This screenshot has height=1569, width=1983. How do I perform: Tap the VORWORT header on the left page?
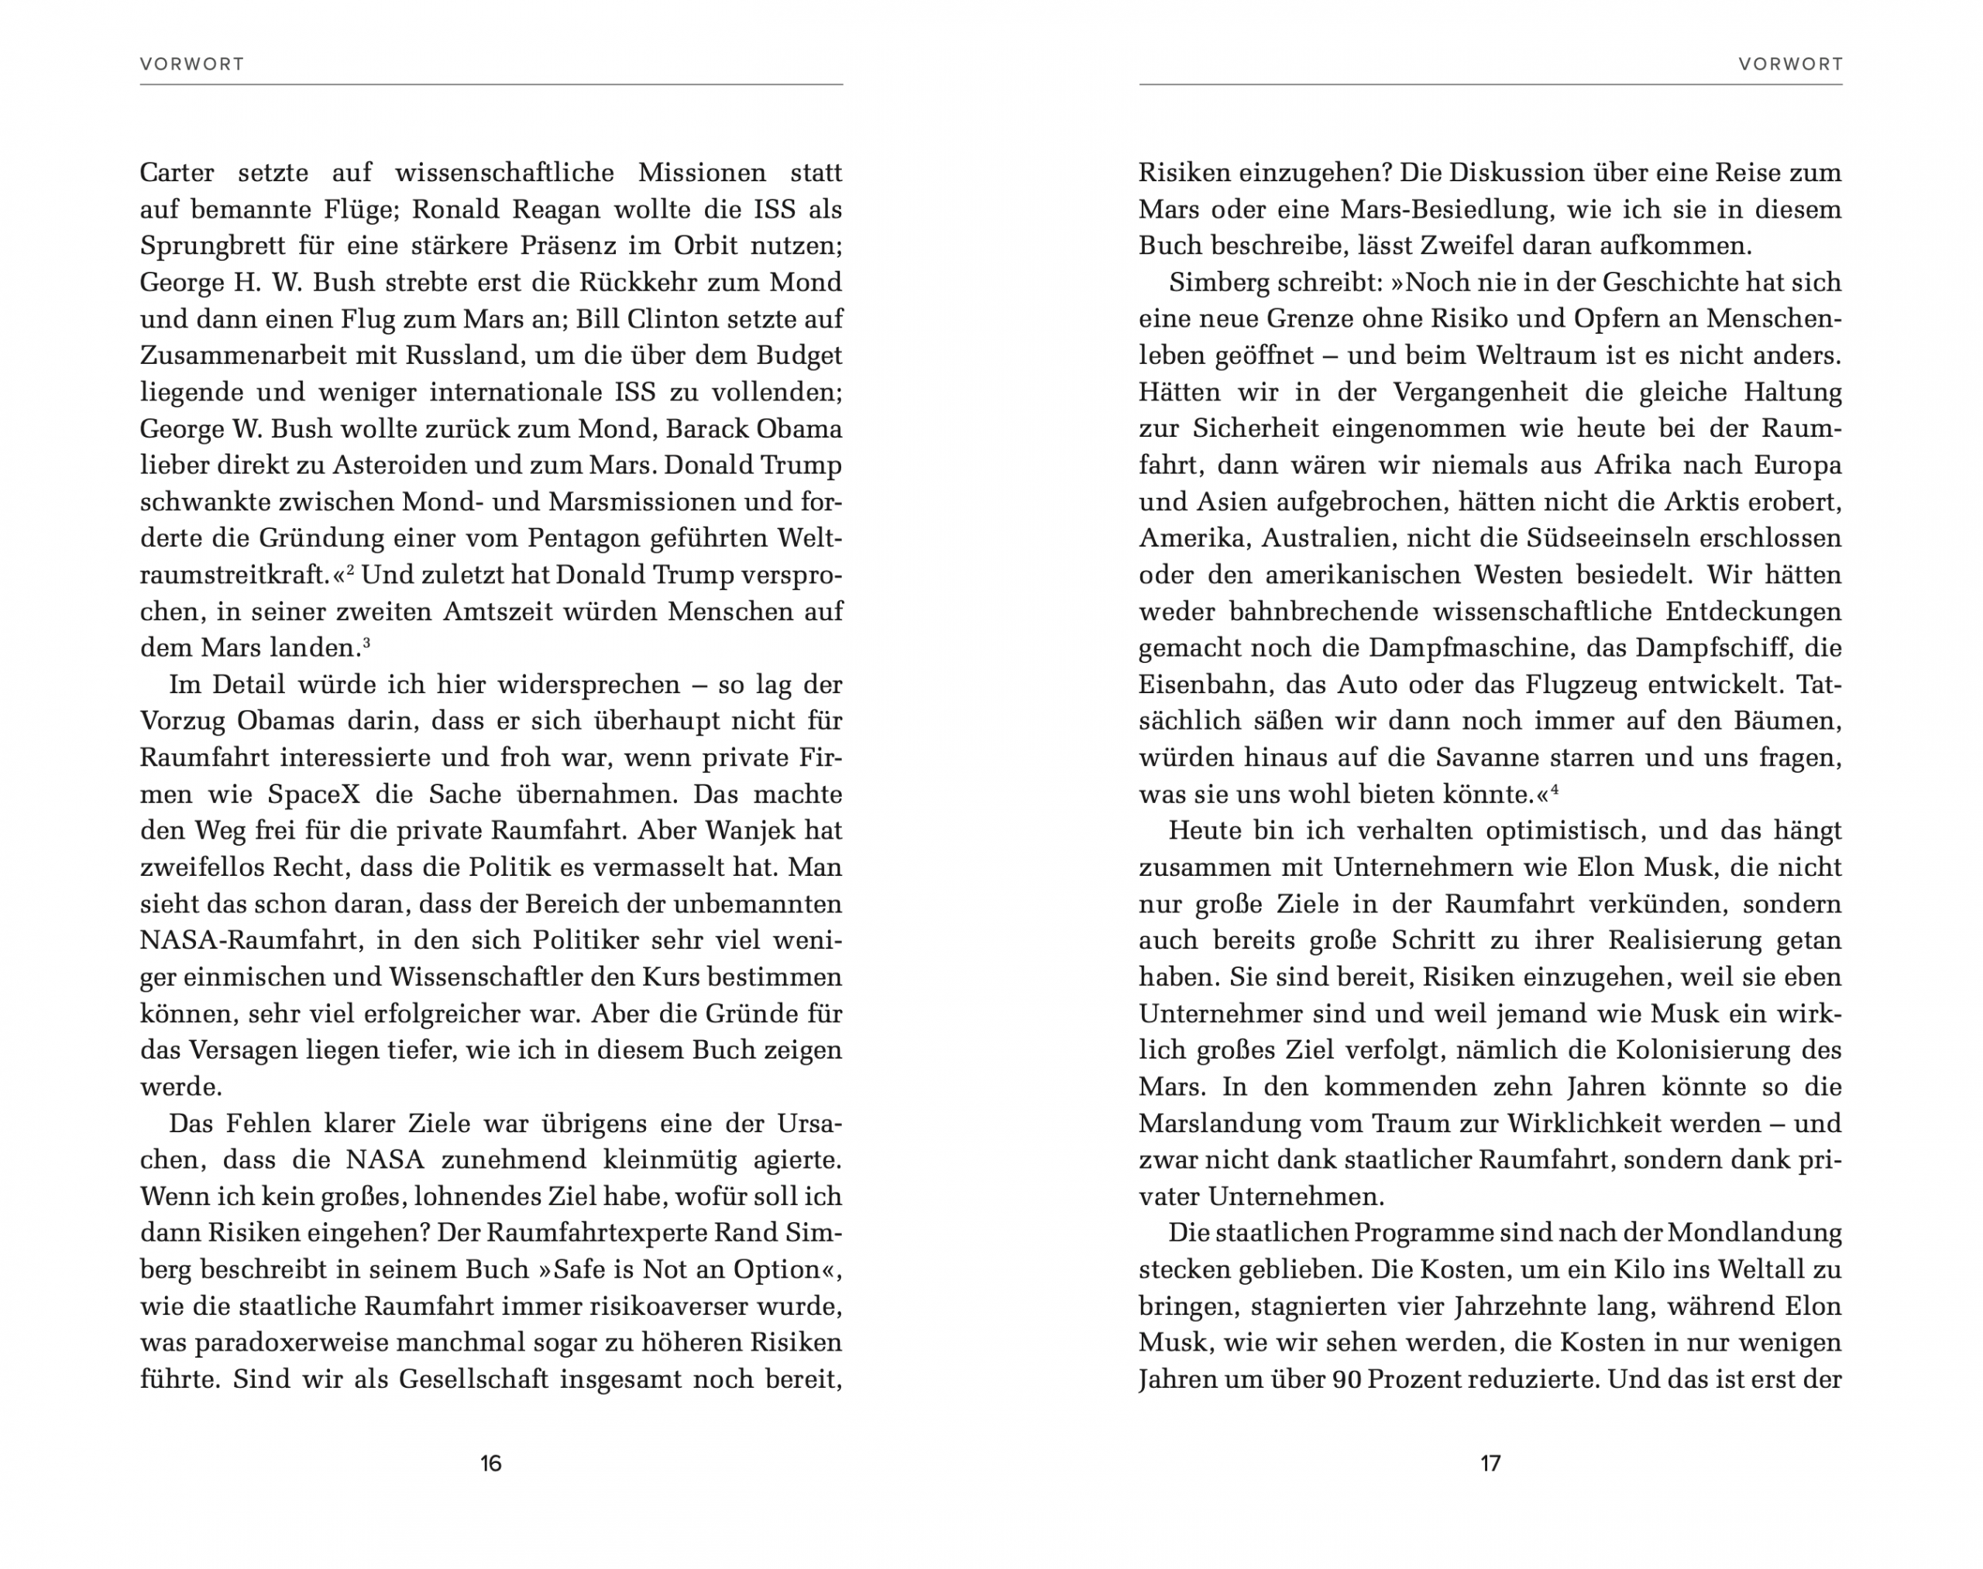pos(192,64)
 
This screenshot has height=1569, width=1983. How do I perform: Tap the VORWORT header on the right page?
pos(1790,64)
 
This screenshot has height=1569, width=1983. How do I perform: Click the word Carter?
pos(177,173)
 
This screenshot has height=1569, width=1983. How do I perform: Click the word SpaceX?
pos(307,795)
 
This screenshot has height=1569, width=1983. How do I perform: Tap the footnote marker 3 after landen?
pos(366,643)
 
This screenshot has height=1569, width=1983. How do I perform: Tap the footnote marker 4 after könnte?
pos(1555,789)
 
